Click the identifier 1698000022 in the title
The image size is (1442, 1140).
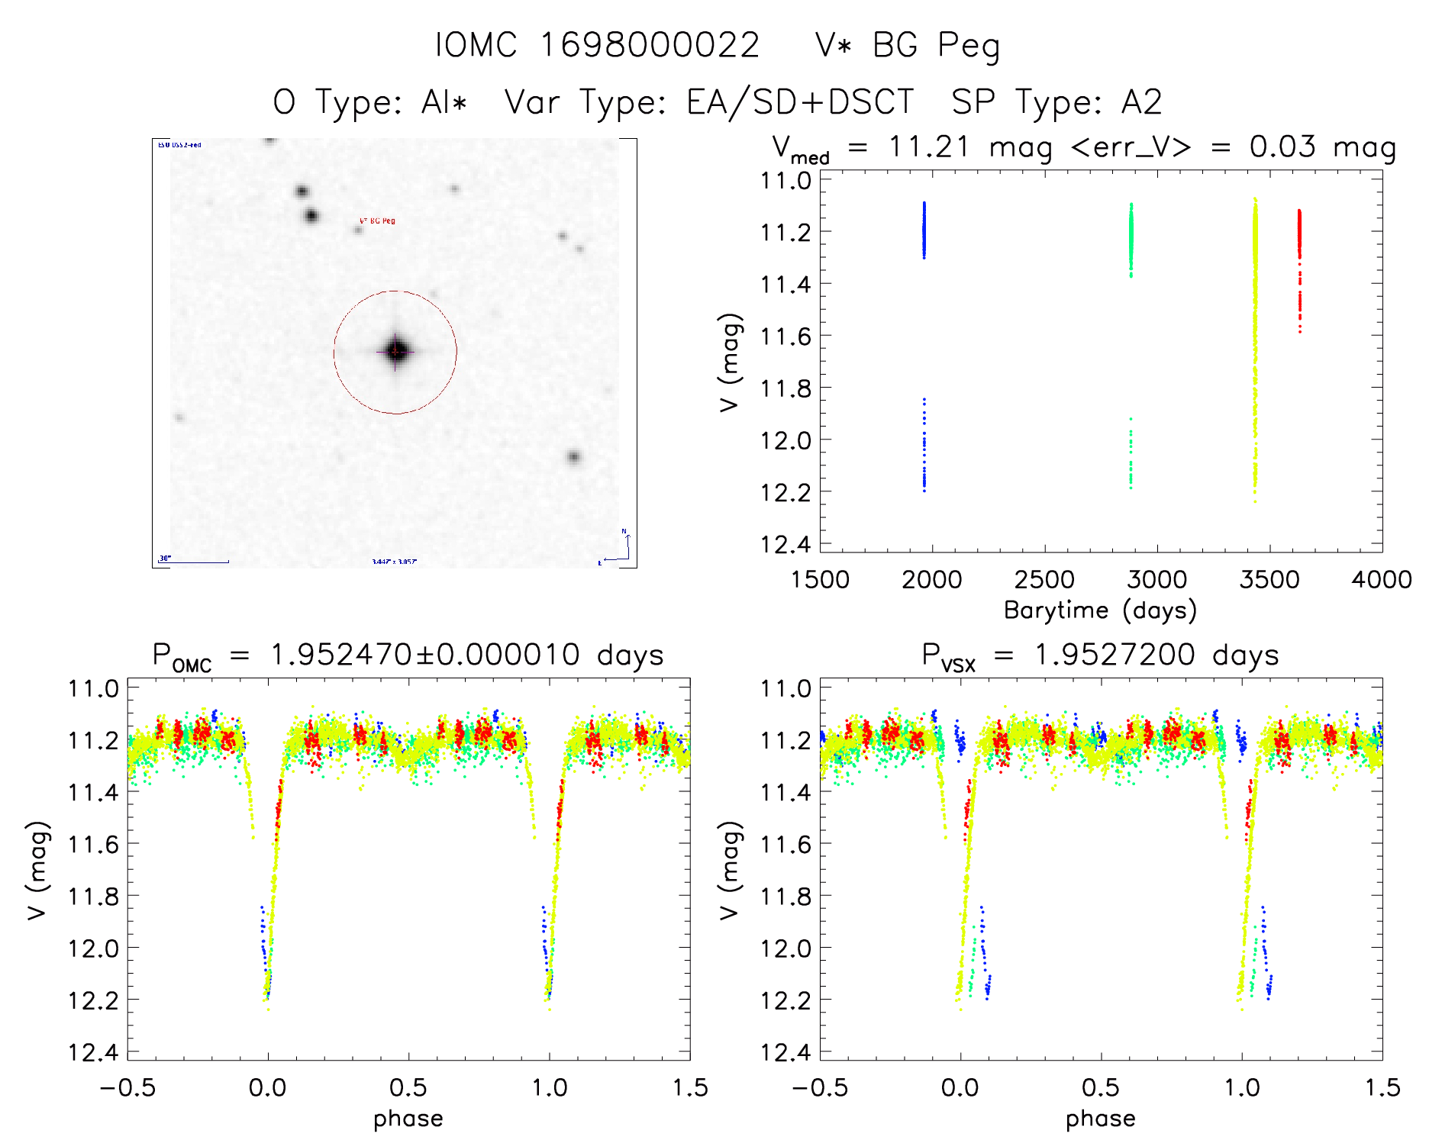click(x=650, y=45)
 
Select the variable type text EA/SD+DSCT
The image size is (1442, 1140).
click(x=799, y=102)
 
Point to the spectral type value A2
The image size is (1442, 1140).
click(x=1141, y=102)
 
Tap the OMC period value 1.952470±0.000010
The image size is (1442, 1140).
click(x=425, y=655)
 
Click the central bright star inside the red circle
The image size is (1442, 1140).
click(x=395, y=351)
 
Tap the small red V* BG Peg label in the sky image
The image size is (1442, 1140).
click(x=377, y=221)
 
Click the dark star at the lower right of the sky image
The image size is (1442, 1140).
click(x=573, y=457)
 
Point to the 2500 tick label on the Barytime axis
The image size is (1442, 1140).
click(x=1044, y=580)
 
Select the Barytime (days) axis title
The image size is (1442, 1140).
click(x=1100, y=610)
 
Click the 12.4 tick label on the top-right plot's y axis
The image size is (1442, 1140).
click(x=786, y=544)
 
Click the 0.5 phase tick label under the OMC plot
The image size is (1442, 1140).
click(x=408, y=1088)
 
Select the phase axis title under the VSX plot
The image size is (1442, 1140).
click(x=1100, y=1119)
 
